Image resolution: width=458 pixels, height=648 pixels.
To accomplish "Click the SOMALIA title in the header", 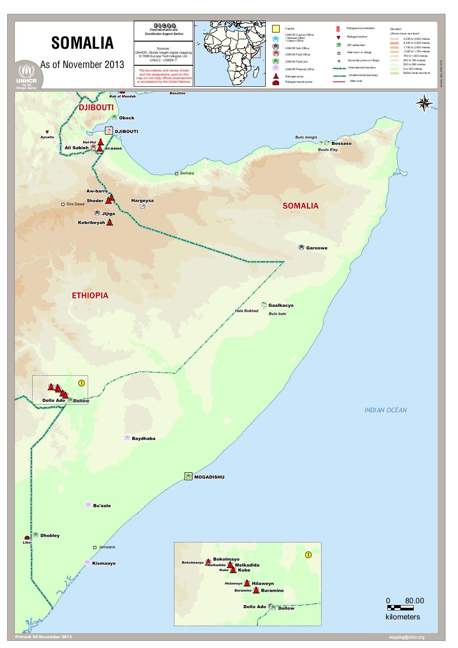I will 82,44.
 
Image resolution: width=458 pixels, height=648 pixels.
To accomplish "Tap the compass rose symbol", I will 424,104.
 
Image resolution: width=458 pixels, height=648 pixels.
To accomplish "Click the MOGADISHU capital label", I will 209,477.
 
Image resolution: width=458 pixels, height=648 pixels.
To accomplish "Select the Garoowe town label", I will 317,248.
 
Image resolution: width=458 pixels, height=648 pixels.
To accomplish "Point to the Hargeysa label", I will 142,200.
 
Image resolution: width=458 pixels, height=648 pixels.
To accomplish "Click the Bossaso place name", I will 341,144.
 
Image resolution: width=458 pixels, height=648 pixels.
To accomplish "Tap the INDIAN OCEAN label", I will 385,410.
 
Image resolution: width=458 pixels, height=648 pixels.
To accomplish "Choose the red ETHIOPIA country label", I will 90,296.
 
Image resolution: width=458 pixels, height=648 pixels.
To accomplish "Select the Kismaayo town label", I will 104,563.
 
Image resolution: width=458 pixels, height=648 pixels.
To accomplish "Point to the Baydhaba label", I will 144,438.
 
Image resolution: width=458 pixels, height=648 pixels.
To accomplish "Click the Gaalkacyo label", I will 281,305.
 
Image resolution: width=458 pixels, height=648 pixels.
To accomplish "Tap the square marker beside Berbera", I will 177,173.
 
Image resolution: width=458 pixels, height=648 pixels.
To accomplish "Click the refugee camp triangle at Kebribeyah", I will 110,222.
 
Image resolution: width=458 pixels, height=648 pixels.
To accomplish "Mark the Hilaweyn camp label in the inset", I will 263,584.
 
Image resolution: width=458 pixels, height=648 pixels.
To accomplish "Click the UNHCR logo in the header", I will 29,75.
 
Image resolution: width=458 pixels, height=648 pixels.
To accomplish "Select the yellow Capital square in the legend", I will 276,29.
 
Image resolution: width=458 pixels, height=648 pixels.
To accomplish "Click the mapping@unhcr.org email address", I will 407,637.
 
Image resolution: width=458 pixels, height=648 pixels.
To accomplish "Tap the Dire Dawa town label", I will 75,204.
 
